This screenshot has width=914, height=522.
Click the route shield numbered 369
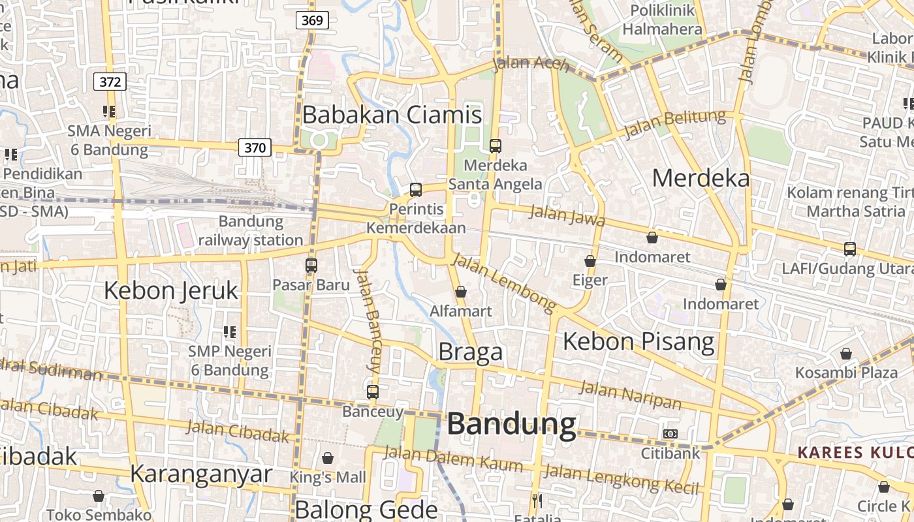(312, 20)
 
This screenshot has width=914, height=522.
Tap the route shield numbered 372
(110, 82)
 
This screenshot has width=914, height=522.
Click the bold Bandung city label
(511, 424)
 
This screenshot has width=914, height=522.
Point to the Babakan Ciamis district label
(392, 115)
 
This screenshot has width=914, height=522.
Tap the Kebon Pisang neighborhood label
(638, 341)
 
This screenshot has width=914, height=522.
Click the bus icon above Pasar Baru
(311, 266)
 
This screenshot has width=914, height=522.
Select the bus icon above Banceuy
(373, 392)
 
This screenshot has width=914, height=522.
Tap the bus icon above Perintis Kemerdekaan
(416, 190)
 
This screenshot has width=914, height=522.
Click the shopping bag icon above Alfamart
(461, 292)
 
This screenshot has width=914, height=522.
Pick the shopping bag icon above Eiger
(590, 261)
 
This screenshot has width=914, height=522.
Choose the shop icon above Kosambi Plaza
(846, 354)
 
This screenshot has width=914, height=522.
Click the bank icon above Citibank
(670, 434)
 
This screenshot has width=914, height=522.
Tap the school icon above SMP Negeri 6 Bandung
(229, 332)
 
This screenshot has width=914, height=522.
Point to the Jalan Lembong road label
(503, 281)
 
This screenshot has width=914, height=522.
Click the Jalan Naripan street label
(630, 395)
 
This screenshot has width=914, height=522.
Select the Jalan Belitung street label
(674, 124)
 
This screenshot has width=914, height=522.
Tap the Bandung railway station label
(251, 230)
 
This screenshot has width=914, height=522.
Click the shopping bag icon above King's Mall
(328, 459)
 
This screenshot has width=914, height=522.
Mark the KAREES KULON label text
(855, 452)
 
